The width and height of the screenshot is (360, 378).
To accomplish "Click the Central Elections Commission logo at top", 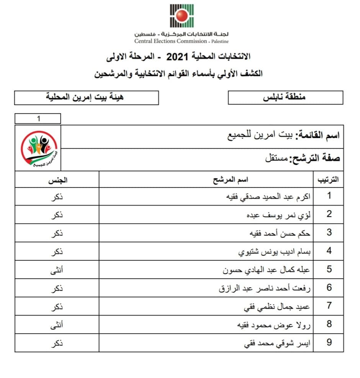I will (x=182, y=16).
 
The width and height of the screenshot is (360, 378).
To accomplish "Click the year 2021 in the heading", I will (x=178, y=57).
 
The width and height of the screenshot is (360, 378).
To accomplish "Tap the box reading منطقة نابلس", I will (x=285, y=97).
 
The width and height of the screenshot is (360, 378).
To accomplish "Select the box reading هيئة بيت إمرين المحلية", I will (x=86, y=97).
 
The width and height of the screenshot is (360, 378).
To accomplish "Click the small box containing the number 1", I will (x=38, y=119).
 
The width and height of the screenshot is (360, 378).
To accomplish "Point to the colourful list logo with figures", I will (x=38, y=148).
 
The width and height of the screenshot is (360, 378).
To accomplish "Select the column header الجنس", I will (x=57, y=179).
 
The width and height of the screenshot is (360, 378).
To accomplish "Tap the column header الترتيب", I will (x=329, y=179).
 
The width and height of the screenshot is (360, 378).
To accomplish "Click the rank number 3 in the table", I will (x=329, y=233).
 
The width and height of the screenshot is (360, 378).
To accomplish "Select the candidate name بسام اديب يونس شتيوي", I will (x=274, y=251).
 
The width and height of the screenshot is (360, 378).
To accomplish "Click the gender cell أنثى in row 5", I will (x=57, y=270).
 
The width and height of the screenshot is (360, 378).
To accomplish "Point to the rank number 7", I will (x=329, y=306).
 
